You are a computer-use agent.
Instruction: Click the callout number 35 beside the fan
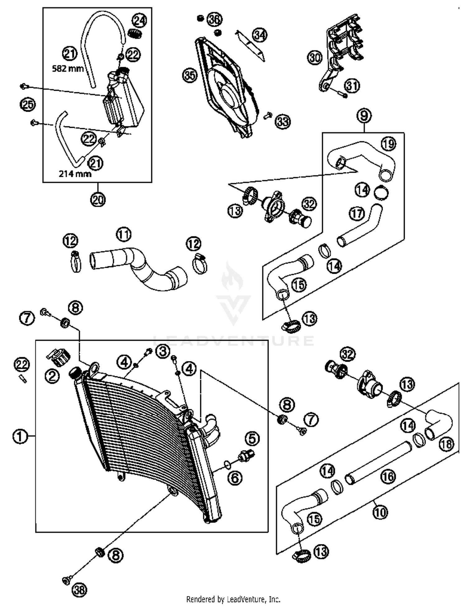pos(190,76)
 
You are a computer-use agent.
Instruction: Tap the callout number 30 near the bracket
pos(315,58)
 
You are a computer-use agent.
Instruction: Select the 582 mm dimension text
pos(68,69)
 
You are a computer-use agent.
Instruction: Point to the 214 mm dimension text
pos(75,174)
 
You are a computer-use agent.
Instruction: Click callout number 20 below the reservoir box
pos(98,200)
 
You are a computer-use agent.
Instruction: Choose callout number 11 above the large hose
pos(124,234)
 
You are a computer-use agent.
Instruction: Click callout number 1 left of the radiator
pos(20,436)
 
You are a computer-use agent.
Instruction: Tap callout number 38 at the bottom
pos(79,590)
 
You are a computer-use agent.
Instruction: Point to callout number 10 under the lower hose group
pos(380,512)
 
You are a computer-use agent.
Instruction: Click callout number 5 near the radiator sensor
pos(252,439)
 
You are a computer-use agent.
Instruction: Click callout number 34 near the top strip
pos(259,35)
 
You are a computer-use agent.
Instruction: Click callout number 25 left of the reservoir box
pos(28,104)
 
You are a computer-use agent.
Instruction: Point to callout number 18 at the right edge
pos(447,444)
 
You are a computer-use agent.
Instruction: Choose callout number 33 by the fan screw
pos(283,121)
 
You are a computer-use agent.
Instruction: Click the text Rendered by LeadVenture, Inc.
pos(233,599)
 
